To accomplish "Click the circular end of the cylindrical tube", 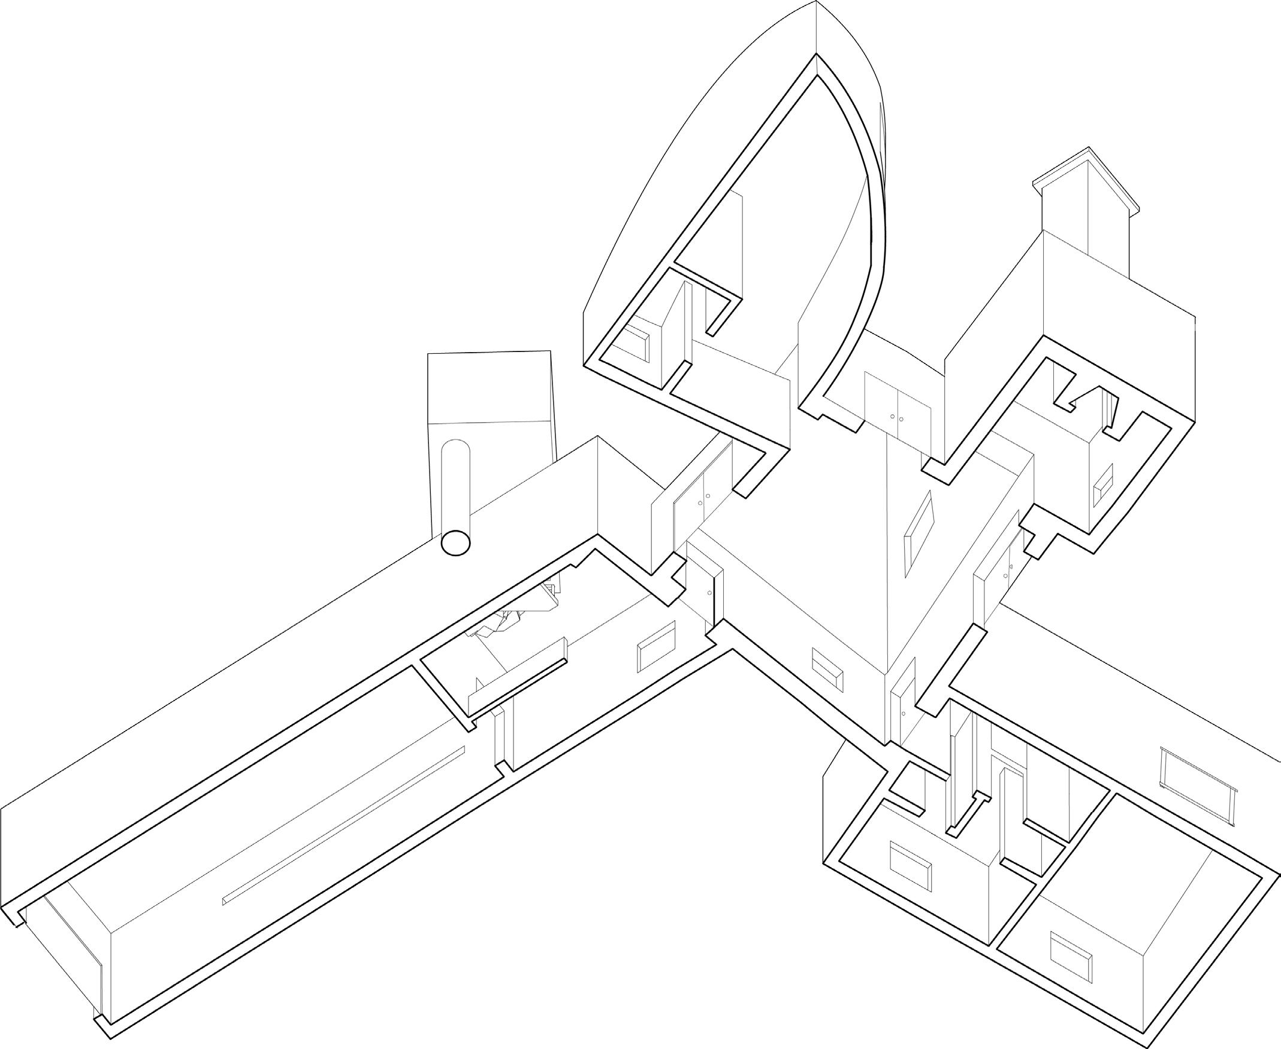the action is point(455,542).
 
